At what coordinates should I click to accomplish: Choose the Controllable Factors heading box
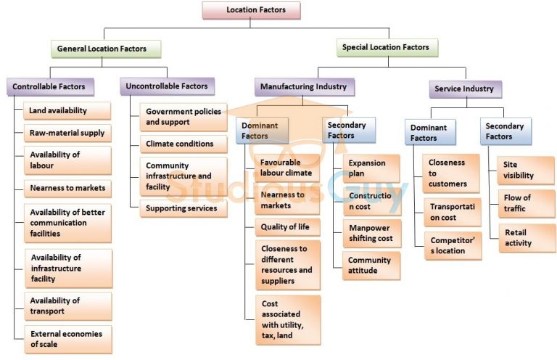[49, 87]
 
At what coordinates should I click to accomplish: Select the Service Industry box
[464, 89]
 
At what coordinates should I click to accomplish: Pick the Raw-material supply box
[67, 134]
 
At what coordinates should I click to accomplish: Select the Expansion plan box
[371, 168]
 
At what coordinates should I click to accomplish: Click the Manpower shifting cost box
[371, 233]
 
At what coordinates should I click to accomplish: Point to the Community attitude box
[371, 266]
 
